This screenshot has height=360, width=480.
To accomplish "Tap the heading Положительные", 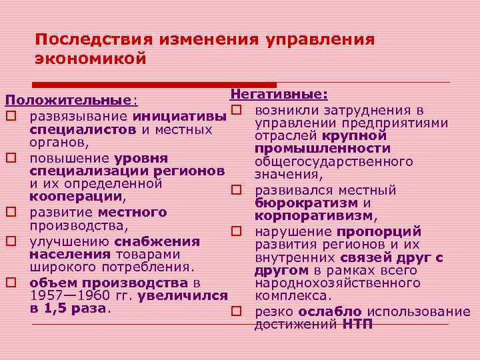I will pyautogui.click(x=69, y=101).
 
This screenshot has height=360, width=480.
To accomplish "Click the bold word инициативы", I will pyautogui.click(x=179, y=117).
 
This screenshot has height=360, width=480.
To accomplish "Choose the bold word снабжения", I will pyautogui.click(x=157, y=241).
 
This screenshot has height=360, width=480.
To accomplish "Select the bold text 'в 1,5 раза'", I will pyautogui.click(x=69, y=309).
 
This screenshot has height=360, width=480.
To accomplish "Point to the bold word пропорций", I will pyautogui.click(x=379, y=232).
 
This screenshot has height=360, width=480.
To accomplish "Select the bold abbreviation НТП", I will pyautogui.click(x=358, y=325).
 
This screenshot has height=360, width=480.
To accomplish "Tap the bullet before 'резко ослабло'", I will pyautogui.click(x=236, y=312).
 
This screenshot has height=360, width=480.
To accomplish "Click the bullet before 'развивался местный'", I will pyautogui.click(x=236, y=190).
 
